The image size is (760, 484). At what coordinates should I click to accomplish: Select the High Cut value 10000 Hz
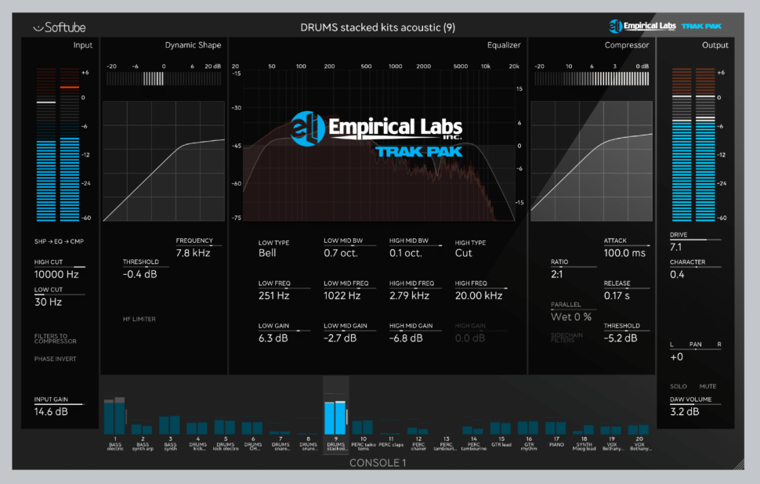[x=57, y=275]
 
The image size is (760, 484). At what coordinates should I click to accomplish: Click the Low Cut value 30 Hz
[x=48, y=302]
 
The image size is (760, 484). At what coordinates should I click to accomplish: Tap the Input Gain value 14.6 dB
[x=51, y=411]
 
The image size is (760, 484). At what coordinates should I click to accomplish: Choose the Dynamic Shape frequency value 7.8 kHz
[x=194, y=253]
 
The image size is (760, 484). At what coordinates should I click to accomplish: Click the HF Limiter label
[x=139, y=319]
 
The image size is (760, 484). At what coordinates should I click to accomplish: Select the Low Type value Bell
[x=268, y=253]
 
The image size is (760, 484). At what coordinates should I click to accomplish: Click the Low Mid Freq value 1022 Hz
[x=342, y=295]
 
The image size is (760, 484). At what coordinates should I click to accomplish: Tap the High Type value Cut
[x=464, y=253]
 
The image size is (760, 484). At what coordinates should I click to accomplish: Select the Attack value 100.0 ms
[x=624, y=253]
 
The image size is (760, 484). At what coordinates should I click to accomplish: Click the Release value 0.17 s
[x=618, y=295]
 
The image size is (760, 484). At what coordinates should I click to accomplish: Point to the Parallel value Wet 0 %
[x=571, y=316]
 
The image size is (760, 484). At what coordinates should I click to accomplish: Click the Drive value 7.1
[x=676, y=247]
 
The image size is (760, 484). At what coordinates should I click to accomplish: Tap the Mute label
[x=708, y=386]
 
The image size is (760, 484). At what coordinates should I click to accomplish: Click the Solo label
[x=678, y=386]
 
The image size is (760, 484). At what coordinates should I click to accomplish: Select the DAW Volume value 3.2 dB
[x=685, y=411]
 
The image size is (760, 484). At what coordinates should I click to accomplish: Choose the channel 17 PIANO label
[x=556, y=443]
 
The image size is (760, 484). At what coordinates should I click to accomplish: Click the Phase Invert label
[x=55, y=359]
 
